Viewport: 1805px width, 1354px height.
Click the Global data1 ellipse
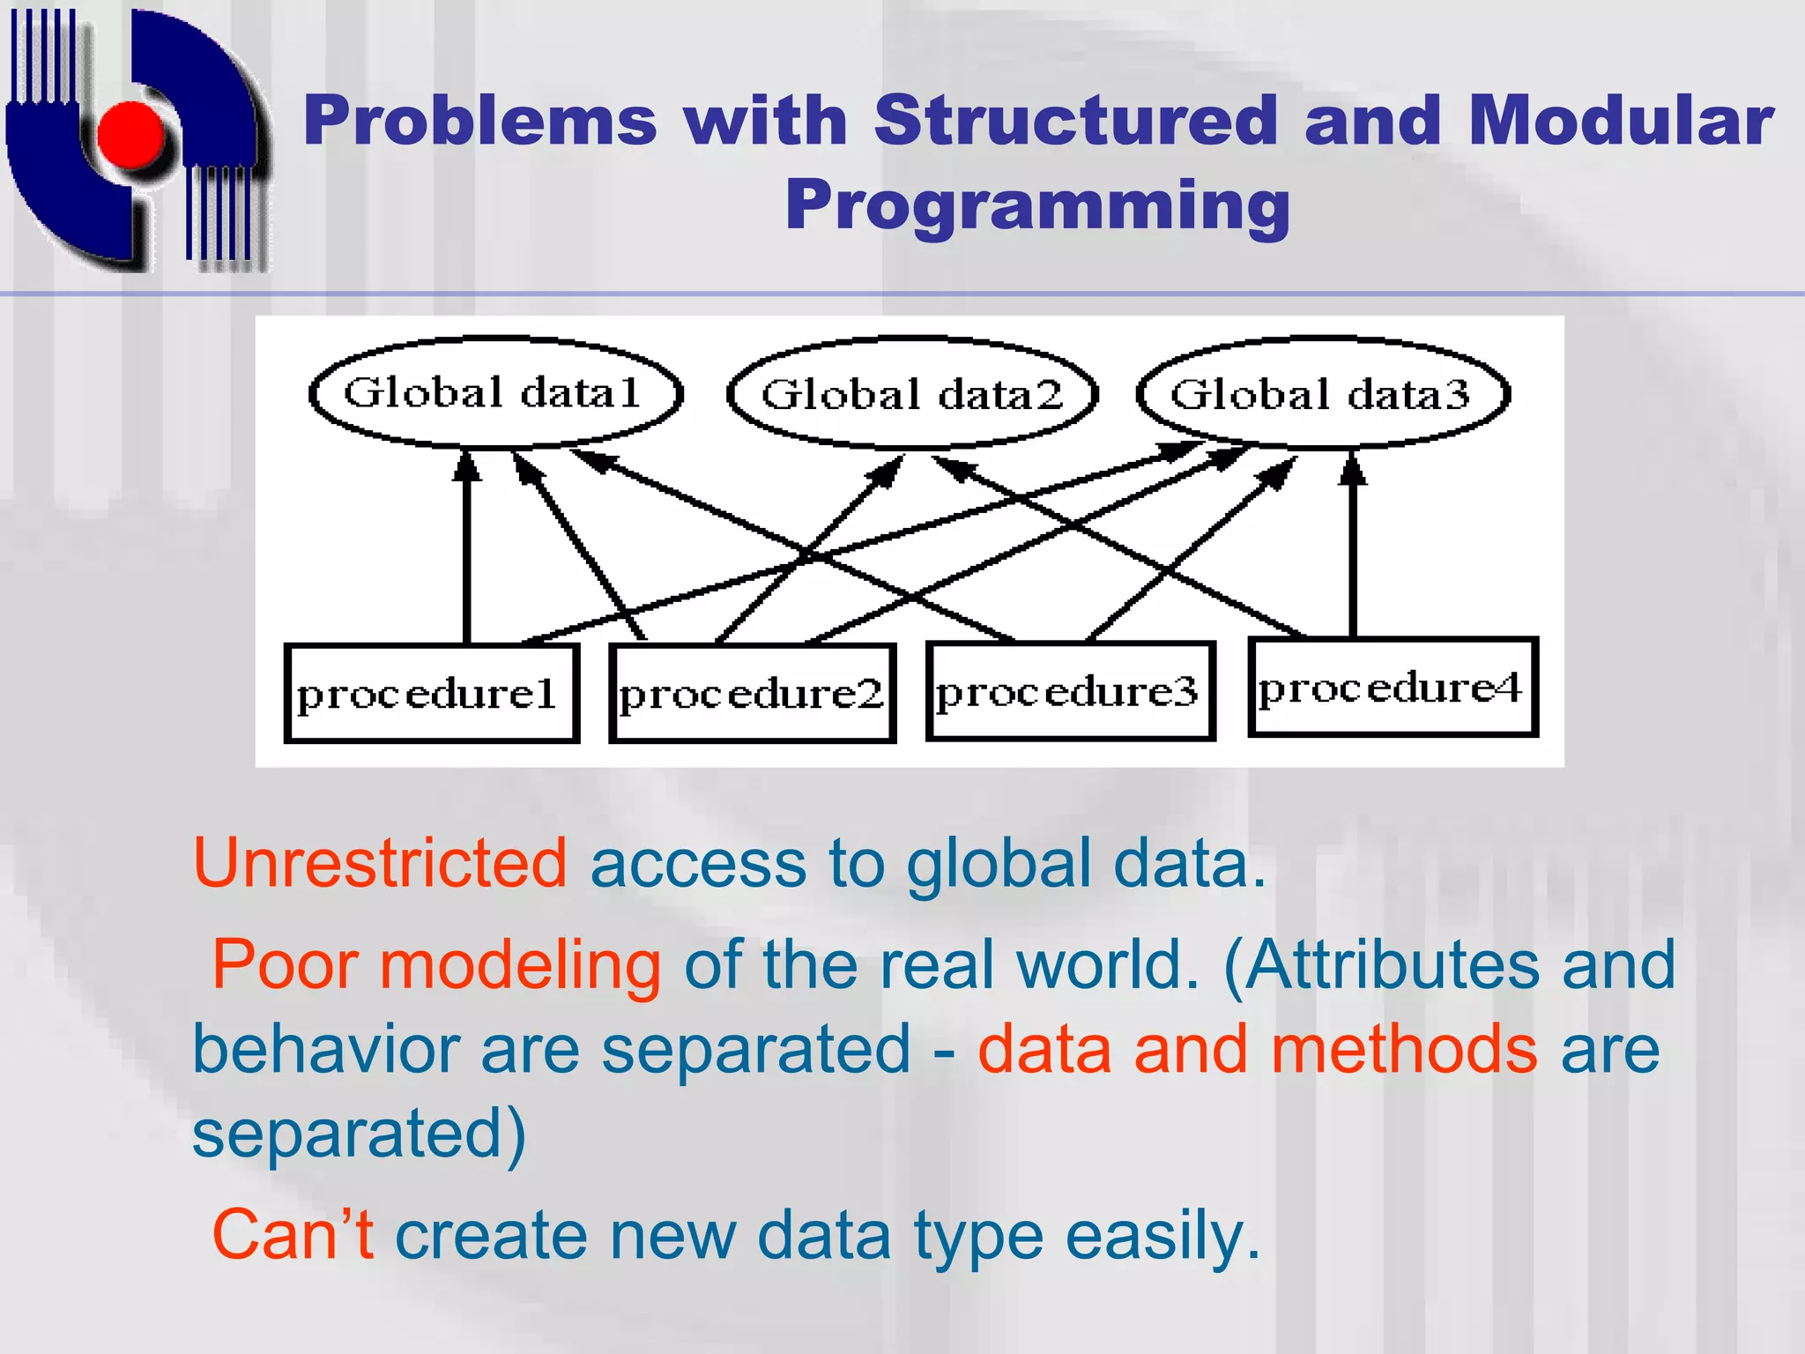pos(495,393)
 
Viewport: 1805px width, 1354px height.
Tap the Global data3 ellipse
pos(1322,394)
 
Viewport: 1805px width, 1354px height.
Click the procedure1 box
pos(431,694)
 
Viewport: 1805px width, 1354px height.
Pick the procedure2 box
pos(752,694)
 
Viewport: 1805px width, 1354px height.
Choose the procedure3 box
pos(1070,691)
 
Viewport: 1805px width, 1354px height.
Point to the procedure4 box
pos(1393,687)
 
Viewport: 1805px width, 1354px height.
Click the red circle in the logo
pos(130,134)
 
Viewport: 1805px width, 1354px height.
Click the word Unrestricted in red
pos(380,863)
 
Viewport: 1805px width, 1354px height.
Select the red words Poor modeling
pos(436,965)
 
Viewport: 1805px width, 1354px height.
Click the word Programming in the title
pos(1037,205)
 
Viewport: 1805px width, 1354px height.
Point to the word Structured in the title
pos(1075,120)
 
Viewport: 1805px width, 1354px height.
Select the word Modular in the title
pos(1620,120)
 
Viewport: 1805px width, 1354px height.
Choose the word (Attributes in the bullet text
pos(1380,965)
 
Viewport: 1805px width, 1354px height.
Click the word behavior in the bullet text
pos(325,1049)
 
